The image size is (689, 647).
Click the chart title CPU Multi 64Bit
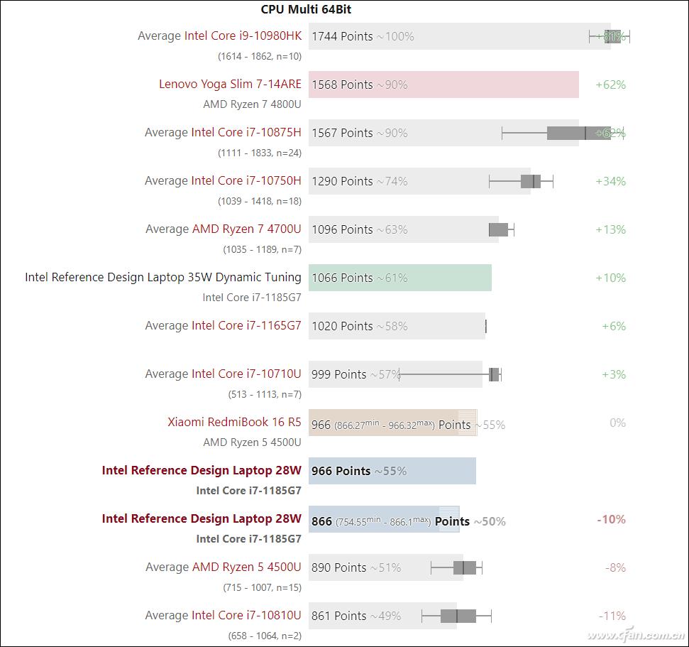[306, 9]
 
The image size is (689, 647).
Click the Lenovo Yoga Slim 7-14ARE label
[230, 84]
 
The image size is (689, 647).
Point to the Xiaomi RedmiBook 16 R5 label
[234, 422]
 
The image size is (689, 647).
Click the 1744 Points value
[342, 36]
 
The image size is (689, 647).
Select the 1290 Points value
[342, 181]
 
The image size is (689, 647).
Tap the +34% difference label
[610, 181]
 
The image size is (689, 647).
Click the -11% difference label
[612, 616]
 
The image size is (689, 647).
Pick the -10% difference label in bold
[611, 519]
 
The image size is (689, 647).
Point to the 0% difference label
[617, 423]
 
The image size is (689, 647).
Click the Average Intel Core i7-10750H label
[223, 180]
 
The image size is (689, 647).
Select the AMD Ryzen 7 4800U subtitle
[252, 104]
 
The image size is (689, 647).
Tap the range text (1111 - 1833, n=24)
[259, 153]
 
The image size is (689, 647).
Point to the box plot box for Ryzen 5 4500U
[465, 567]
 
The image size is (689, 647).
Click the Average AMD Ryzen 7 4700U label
[223, 229]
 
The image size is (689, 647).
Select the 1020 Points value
[342, 326]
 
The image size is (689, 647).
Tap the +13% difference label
[610, 229]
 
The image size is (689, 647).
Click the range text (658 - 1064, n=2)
[264, 636]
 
